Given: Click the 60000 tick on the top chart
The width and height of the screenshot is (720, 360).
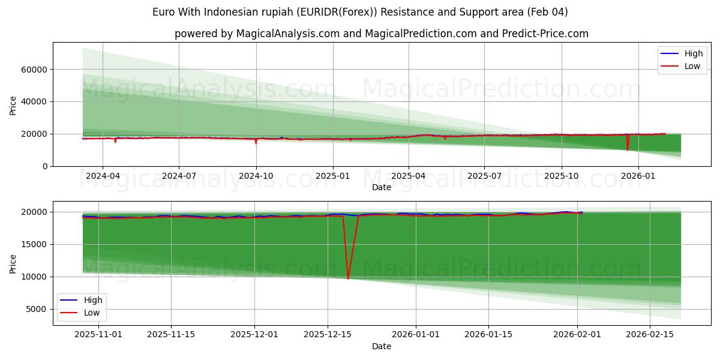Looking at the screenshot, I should [x=35, y=70].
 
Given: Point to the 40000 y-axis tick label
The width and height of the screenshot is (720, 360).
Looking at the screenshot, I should [x=35, y=102].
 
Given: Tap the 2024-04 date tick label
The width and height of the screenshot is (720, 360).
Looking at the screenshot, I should [x=103, y=176].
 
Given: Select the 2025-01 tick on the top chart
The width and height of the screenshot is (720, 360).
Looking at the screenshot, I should [x=333, y=176].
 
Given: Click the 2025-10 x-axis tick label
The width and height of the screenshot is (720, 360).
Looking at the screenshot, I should [x=562, y=176].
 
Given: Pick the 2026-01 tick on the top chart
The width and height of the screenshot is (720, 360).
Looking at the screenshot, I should [x=638, y=176].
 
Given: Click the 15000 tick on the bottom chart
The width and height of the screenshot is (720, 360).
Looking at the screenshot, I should [x=35, y=244].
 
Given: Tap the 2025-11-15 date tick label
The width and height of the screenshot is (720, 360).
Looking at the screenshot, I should [x=170, y=335].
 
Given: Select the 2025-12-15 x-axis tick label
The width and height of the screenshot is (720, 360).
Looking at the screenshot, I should [x=327, y=335].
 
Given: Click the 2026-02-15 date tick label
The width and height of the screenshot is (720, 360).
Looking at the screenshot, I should [x=649, y=335].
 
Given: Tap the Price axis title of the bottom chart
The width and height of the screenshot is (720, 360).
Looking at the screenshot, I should [x=13, y=263].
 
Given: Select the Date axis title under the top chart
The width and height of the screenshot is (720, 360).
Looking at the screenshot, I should [x=382, y=187].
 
